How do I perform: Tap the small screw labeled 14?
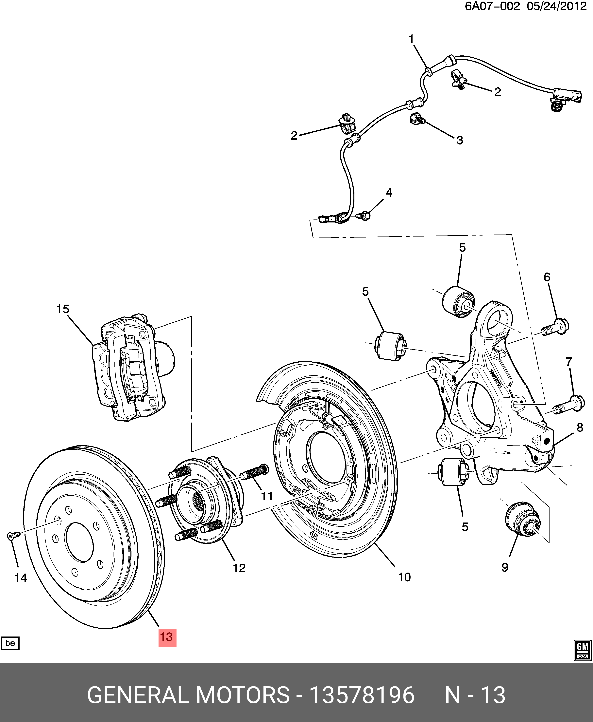pos(13,536)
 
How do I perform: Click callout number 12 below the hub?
pos(239,568)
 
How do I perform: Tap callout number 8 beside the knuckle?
pos(580,427)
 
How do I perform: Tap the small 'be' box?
pos(10,643)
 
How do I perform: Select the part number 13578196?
pos(361,695)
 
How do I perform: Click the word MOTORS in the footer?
pos(243,695)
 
